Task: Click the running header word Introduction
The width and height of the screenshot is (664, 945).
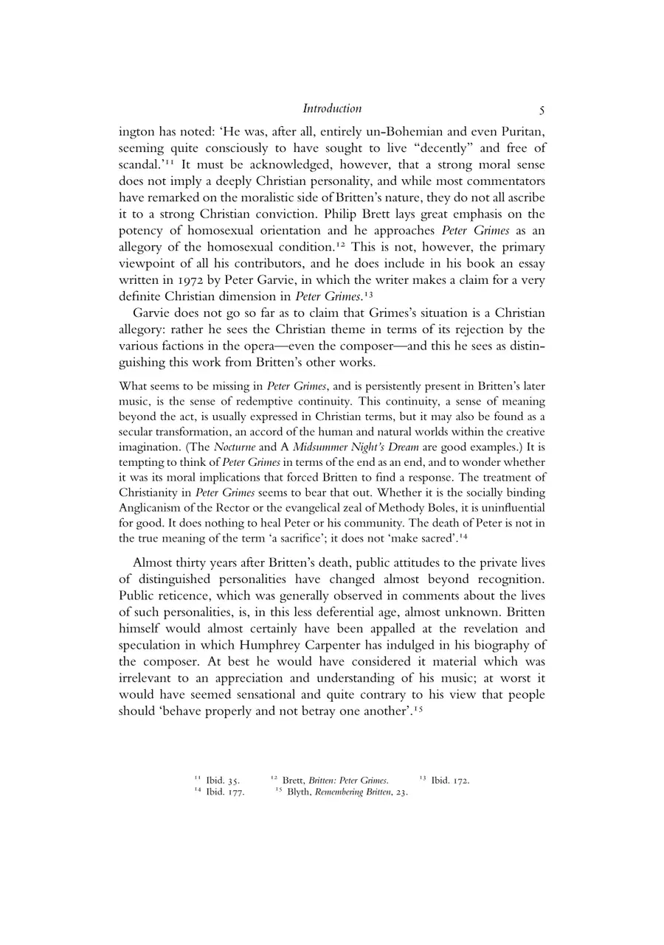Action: point(332,109)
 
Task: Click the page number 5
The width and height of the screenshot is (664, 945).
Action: point(542,111)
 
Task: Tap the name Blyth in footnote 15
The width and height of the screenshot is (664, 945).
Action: point(299,792)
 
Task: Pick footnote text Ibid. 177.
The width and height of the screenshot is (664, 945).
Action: point(225,792)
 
